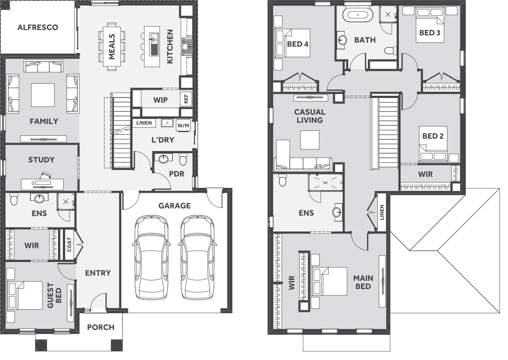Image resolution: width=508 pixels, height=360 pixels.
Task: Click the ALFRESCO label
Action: coord(38,27)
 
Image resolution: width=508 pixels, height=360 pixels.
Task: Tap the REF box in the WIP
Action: coord(186,99)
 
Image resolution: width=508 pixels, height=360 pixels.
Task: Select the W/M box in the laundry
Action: coord(183,125)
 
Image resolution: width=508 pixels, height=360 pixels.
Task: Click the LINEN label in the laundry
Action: coord(144,123)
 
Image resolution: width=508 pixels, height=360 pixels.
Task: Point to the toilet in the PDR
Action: coord(183,159)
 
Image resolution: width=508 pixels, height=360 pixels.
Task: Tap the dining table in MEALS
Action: coord(112,46)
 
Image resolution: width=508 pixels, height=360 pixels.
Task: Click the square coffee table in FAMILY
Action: coord(43,95)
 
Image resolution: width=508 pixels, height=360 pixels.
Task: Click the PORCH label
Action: coord(101,327)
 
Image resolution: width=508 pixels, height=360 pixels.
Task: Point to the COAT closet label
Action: coord(69,244)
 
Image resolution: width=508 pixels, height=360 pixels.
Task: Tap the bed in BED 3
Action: coord(429,25)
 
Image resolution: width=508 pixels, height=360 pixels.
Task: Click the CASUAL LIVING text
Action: coord(310,116)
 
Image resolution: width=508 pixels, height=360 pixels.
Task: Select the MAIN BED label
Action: coord(363,282)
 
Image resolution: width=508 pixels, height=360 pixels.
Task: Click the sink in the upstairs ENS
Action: coord(337,213)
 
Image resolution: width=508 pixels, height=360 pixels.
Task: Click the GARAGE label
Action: coord(174,206)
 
